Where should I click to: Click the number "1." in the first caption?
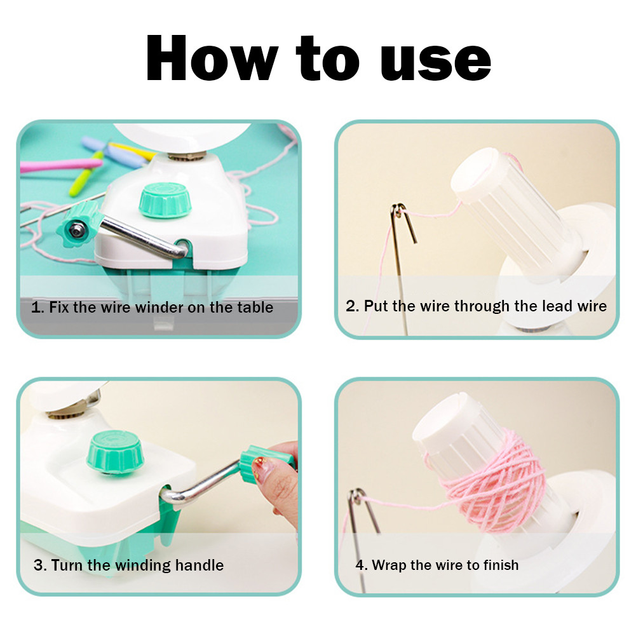click(38, 308)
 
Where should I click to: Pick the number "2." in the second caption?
click(353, 306)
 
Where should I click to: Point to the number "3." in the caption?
click(40, 565)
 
